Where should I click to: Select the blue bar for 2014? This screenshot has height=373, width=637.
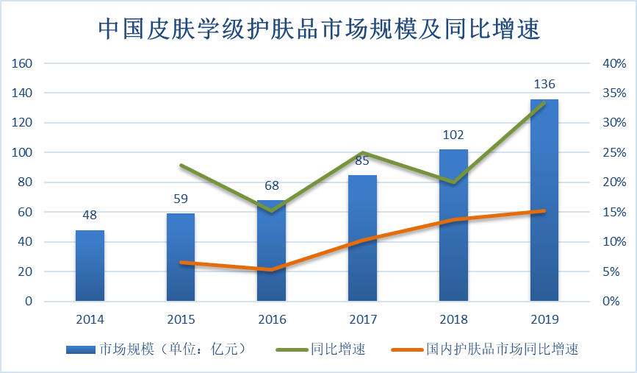coord(90,266)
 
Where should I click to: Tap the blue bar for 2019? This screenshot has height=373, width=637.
coord(544,200)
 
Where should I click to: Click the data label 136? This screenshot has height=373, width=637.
coord(544,84)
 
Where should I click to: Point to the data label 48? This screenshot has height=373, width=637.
coord(90,216)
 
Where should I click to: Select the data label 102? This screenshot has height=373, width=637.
coord(453,135)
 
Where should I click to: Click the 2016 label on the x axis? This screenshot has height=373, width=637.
coord(272,319)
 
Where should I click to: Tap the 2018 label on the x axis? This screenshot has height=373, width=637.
coord(453,319)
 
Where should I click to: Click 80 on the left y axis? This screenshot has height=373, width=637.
coord(26,182)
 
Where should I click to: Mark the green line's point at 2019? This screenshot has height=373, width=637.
coord(544,103)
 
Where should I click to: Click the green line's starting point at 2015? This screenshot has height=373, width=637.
coord(181,166)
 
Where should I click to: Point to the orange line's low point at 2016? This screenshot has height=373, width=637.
coord(272,270)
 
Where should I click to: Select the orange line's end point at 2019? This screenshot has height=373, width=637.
coord(544,211)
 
